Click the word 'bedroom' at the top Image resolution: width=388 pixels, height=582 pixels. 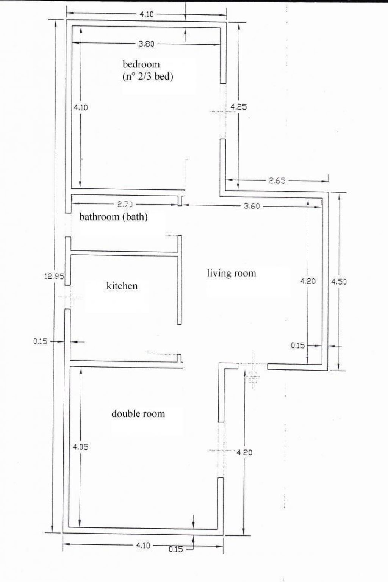(x=141, y=64)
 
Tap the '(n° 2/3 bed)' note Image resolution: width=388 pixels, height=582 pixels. (x=147, y=77)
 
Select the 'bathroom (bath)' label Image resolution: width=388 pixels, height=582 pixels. (x=113, y=217)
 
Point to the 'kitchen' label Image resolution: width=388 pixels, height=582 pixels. (x=122, y=286)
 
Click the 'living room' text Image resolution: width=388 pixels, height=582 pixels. (x=231, y=273)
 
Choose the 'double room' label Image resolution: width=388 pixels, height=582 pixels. (x=138, y=413)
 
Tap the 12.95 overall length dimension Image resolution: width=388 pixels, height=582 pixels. (x=54, y=276)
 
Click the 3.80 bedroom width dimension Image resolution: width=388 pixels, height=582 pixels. (x=146, y=44)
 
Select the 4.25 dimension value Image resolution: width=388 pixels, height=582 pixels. (x=239, y=107)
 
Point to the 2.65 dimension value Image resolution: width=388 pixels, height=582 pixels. (x=277, y=181)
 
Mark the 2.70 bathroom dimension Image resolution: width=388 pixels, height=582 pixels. (x=125, y=205)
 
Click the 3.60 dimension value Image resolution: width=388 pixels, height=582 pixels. (x=252, y=206)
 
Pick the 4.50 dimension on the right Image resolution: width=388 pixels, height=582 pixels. (x=339, y=282)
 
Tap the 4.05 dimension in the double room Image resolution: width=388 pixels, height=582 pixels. (x=80, y=447)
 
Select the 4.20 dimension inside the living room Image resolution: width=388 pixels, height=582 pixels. (x=308, y=281)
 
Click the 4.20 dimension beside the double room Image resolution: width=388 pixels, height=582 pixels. (x=244, y=452)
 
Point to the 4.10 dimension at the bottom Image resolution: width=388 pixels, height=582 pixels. (x=142, y=545)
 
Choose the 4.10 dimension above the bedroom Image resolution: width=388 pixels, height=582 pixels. (x=147, y=14)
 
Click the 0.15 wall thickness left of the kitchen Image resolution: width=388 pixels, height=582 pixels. (x=41, y=341)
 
